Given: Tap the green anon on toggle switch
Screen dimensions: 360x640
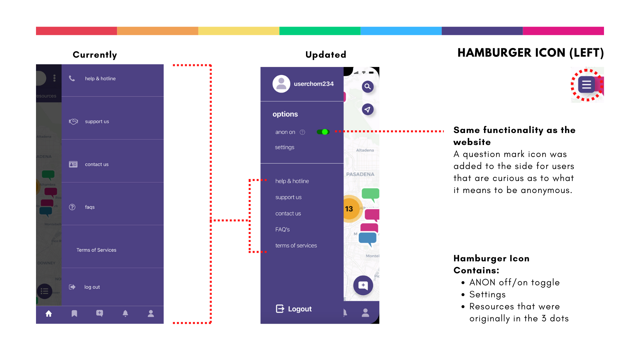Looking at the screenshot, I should coord(323,132).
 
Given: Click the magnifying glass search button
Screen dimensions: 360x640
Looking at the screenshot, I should coord(368,87).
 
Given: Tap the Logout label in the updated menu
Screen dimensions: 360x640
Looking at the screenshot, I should coord(300,309).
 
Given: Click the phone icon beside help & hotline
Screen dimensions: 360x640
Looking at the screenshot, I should coord(72,78).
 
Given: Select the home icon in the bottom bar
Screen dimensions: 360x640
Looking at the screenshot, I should coord(49,314).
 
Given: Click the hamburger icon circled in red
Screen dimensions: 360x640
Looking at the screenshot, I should coord(587,85).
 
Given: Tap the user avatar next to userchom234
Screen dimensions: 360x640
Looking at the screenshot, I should coord(281,84).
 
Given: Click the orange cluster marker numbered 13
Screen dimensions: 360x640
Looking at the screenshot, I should coord(349,209).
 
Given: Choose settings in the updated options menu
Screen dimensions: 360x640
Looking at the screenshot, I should coord(285,147).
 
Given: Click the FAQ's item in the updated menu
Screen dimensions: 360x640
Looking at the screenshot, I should coord(282,229).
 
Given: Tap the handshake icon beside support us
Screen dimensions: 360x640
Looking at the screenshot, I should coord(73,121).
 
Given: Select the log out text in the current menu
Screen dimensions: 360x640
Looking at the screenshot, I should coord(92,287).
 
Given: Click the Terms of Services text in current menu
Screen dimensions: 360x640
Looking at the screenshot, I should coord(96,250).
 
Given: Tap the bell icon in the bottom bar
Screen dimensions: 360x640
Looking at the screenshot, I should coord(125,314).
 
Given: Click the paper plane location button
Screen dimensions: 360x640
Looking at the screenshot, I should coord(368,109).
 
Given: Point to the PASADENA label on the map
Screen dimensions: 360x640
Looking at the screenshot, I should coord(360,174).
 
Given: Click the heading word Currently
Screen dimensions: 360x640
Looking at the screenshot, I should coord(95,55).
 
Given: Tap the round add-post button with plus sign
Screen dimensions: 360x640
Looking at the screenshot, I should coord(363,285).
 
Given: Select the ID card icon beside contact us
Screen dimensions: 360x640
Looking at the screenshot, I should coord(73,164).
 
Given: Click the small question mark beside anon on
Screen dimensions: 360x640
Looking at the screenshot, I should coord(302,132).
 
